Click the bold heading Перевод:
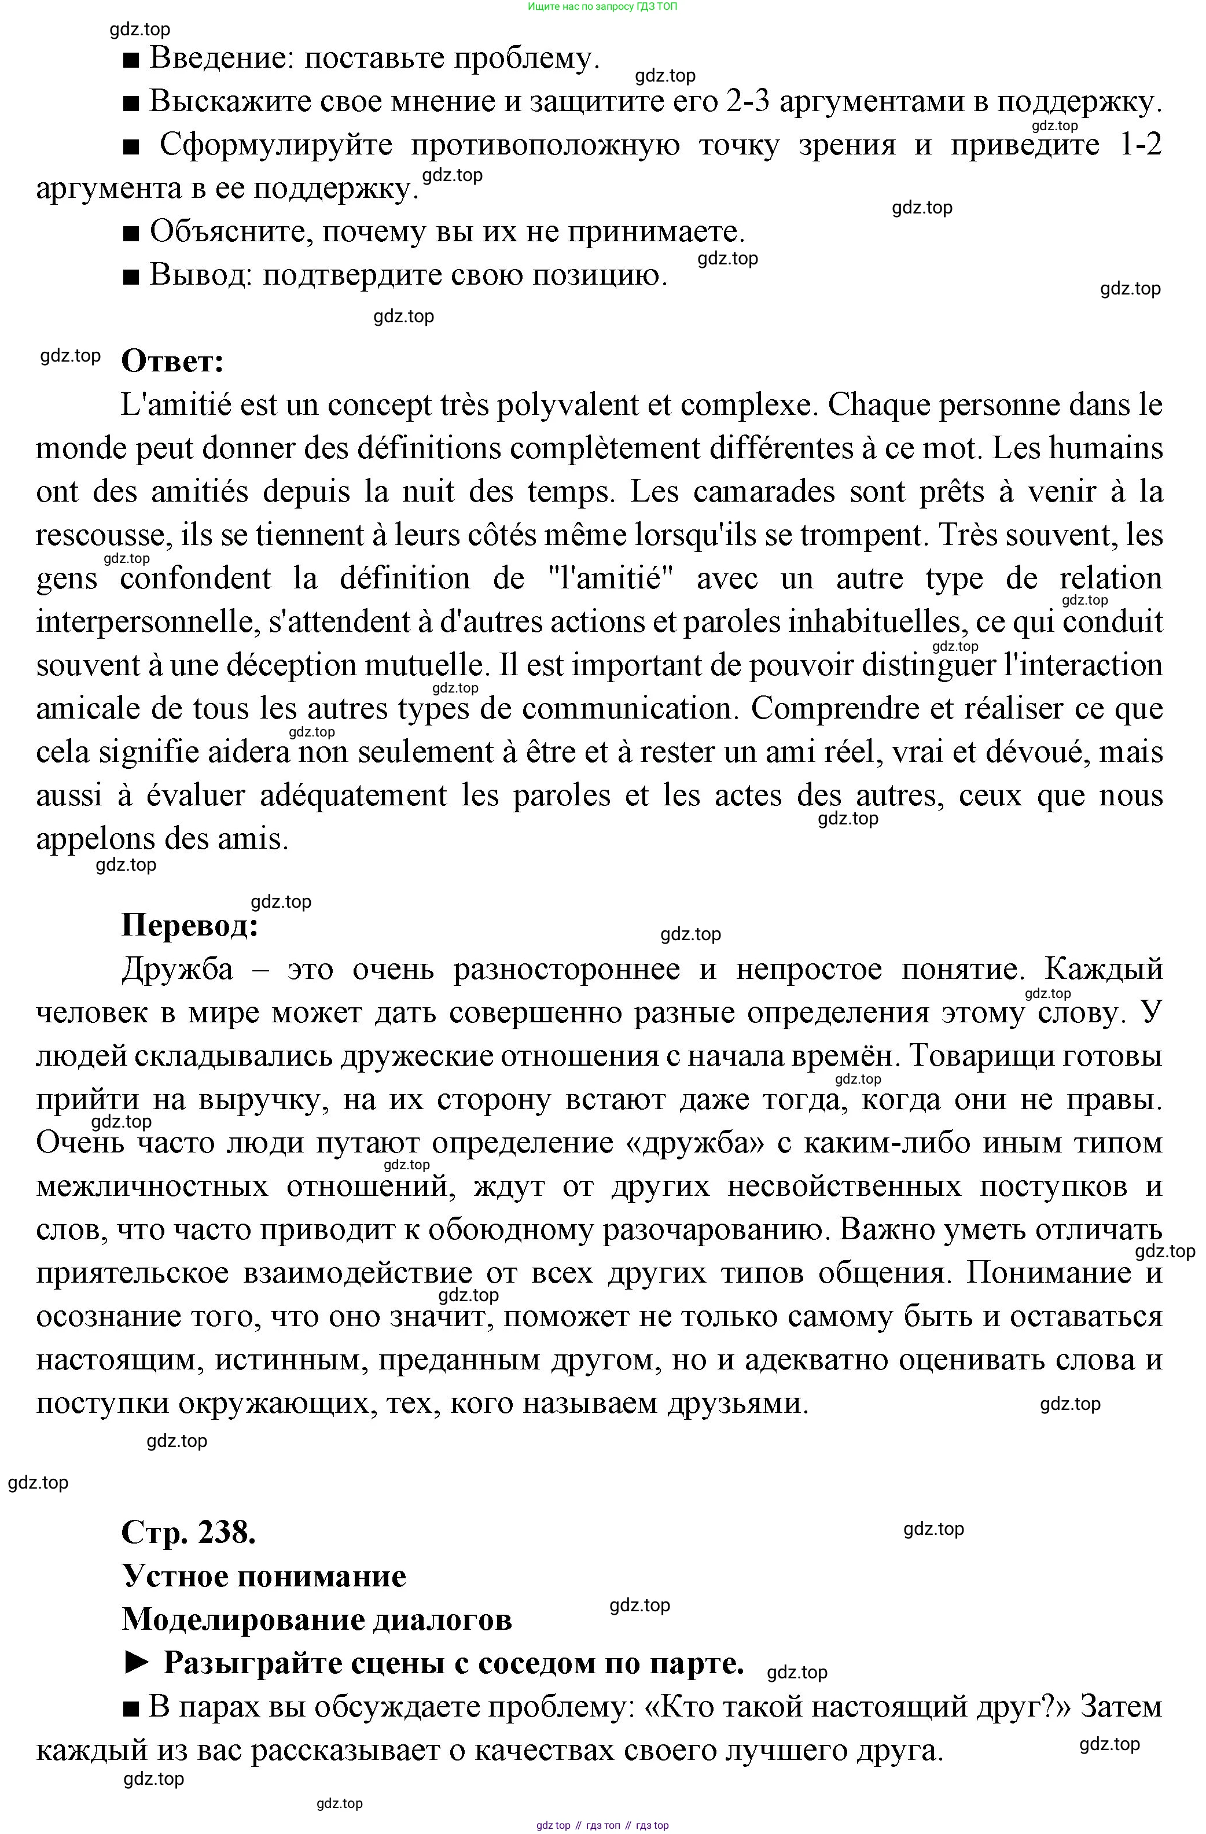click(190, 925)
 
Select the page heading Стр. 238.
click(189, 1532)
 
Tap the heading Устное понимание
click(263, 1576)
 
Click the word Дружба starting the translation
click(177, 968)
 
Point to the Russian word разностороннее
click(567, 968)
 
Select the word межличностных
click(152, 1186)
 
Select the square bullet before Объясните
click(130, 233)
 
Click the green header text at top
click(602, 6)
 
